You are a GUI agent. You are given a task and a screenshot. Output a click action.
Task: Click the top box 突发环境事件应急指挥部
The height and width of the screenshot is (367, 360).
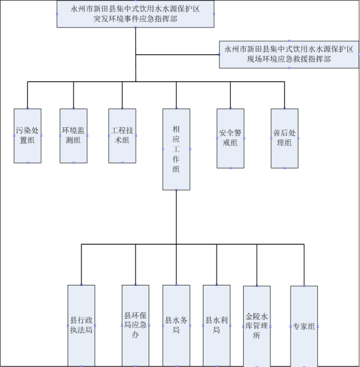[135, 14]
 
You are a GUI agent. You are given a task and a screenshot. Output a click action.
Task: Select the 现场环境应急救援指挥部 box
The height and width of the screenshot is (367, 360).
[289, 55]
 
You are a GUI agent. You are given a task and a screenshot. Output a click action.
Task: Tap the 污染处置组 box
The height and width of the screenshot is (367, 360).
[27, 136]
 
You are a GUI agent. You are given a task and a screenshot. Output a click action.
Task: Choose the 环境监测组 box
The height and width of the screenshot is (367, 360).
[74, 136]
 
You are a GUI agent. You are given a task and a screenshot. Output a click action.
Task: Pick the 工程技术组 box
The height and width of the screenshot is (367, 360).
[122, 136]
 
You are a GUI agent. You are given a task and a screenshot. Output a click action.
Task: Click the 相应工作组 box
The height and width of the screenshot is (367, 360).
[177, 149]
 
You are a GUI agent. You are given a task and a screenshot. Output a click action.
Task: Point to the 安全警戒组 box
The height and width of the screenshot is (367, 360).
[230, 138]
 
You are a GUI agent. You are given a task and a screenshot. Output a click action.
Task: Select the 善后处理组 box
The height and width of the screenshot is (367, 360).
[284, 138]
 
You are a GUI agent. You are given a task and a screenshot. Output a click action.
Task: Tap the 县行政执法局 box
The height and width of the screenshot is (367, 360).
[81, 326]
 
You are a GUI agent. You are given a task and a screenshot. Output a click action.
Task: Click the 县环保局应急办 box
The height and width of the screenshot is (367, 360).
[135, 326]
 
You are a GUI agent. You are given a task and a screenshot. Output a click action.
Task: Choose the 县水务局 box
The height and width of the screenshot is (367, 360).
[177, 326]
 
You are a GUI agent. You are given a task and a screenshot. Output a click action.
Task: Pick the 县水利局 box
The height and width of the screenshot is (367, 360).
[217, 326]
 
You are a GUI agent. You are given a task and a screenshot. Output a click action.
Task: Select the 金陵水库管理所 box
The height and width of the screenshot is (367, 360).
[256, 326]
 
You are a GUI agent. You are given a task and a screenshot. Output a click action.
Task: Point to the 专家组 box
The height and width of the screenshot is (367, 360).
[304, 326]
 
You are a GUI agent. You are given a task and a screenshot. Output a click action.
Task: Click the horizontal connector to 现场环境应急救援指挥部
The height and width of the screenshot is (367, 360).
[177, 55]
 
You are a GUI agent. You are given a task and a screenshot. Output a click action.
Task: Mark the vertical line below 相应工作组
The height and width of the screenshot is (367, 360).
[177, 217]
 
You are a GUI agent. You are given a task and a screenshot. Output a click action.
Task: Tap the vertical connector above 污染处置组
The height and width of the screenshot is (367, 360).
[27, 95]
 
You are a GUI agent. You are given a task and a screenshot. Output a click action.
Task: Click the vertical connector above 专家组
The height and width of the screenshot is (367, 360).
[304, 265]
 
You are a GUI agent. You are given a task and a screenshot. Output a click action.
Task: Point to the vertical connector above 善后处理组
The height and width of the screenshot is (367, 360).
[284, 95]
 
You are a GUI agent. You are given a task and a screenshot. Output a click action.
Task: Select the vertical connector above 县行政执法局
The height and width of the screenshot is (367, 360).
[81, 265]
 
